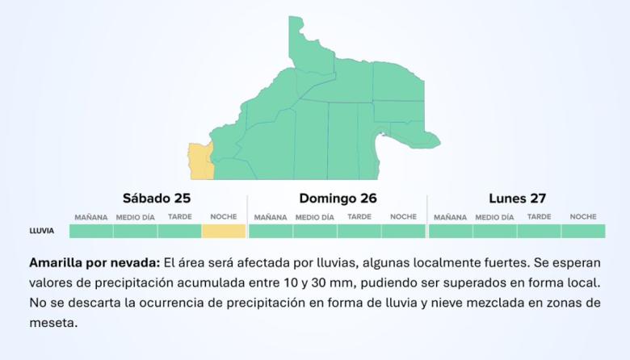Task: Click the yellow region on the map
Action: point(199,161)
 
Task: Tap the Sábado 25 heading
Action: point(157,198)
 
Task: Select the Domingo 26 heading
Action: point(338,198)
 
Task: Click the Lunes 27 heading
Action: point(517,198)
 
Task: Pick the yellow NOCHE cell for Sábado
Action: point(223,231)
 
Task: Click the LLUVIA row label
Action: point(42,231)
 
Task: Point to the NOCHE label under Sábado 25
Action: point(224,216)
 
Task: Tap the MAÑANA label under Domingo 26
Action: point(271,217)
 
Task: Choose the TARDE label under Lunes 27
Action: point(540,216)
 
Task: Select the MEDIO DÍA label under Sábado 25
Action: point(135,217)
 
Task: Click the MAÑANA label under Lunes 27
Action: point(450,217)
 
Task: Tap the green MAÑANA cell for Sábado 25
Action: point(90,231)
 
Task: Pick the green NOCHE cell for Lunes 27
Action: point(583,231)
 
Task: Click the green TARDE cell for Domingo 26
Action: point(359,231)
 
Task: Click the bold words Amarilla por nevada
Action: point(94,263)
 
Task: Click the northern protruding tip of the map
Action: point(296,24)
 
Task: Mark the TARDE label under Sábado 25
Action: point(180,216)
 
